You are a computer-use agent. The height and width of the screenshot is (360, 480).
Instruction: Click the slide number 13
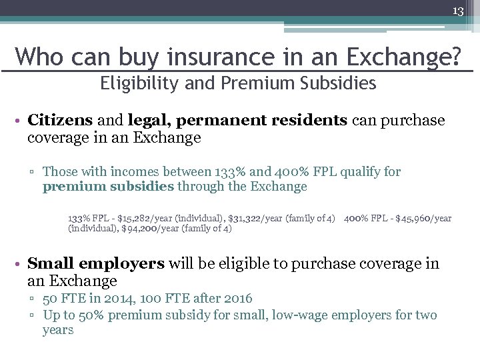coord(458,11)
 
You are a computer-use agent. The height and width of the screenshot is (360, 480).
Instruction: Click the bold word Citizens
coord(61,120)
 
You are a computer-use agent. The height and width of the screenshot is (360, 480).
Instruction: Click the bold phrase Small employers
coord(96,263)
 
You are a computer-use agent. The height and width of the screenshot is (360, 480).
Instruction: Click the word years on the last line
coord(58,330)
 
